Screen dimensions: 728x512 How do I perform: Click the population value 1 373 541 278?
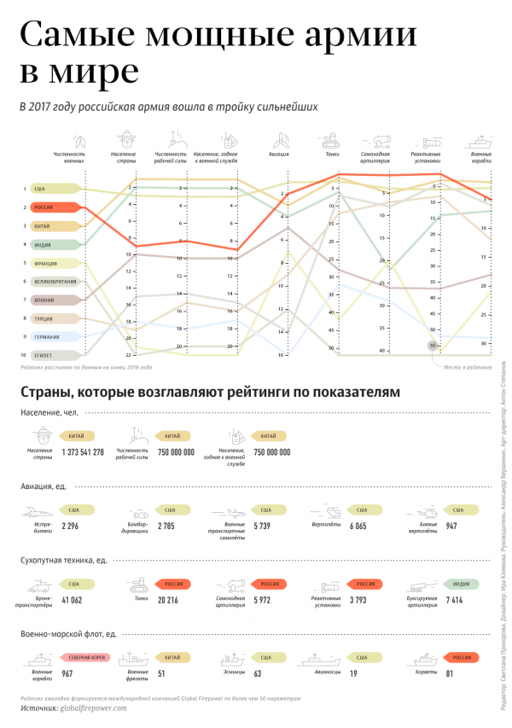pyautogui.click(x=83, y=452)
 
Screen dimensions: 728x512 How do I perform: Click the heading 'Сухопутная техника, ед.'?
pyautogui.click(x=64, y=561)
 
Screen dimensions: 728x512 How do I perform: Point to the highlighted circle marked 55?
pyautogui.click(x=433, y=346)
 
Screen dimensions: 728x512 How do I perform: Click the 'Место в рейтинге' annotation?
pyautogui.click(x=467, y=367)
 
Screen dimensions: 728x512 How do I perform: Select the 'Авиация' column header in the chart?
pyautogui.click(x=280, y=154)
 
